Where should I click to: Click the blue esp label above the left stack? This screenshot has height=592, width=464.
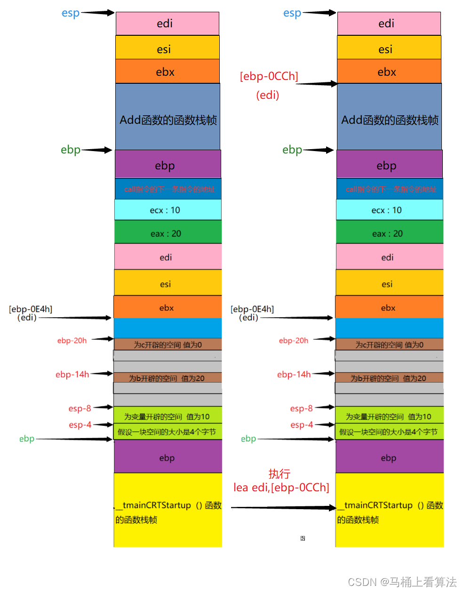[x=71, y=13]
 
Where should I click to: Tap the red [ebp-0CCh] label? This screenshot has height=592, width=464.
[x=269, y=76]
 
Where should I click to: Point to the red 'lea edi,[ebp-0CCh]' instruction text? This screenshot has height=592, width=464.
[x=281, y=488]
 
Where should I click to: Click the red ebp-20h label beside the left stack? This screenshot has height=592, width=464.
[x=72, y=341]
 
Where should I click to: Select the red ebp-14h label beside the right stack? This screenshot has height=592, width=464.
[x=294, y=375]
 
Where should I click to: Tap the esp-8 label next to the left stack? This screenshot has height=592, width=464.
[x=80, y=408]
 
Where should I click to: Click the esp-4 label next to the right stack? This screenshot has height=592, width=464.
[x=301, y=425]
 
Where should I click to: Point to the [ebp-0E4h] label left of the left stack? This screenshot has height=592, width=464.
[x=31, y=309]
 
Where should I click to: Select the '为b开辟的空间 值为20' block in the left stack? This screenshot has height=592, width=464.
[x=167, y=378]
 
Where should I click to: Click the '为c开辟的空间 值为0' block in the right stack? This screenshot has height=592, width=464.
[x=389, y=344]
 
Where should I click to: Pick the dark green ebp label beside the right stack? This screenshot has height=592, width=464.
[x=292, y=150]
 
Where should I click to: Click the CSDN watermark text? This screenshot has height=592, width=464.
[x=402, y=582]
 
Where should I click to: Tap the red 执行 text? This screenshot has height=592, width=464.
[x=279, y=474]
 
